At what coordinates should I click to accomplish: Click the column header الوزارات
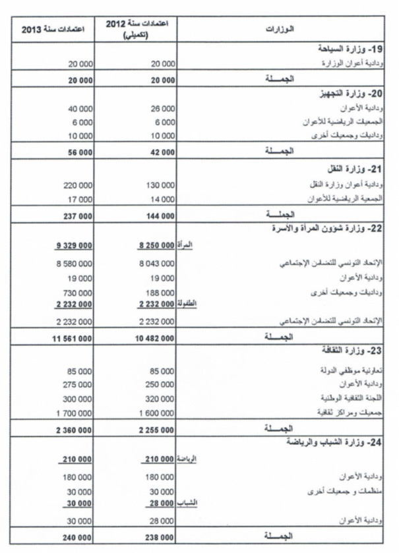[283, 30]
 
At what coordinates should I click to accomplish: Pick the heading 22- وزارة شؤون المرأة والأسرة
[330, 229]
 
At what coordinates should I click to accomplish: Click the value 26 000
[162, 108]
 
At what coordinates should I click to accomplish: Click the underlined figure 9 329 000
[74, 246]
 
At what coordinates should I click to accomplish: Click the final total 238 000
[160, 537]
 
